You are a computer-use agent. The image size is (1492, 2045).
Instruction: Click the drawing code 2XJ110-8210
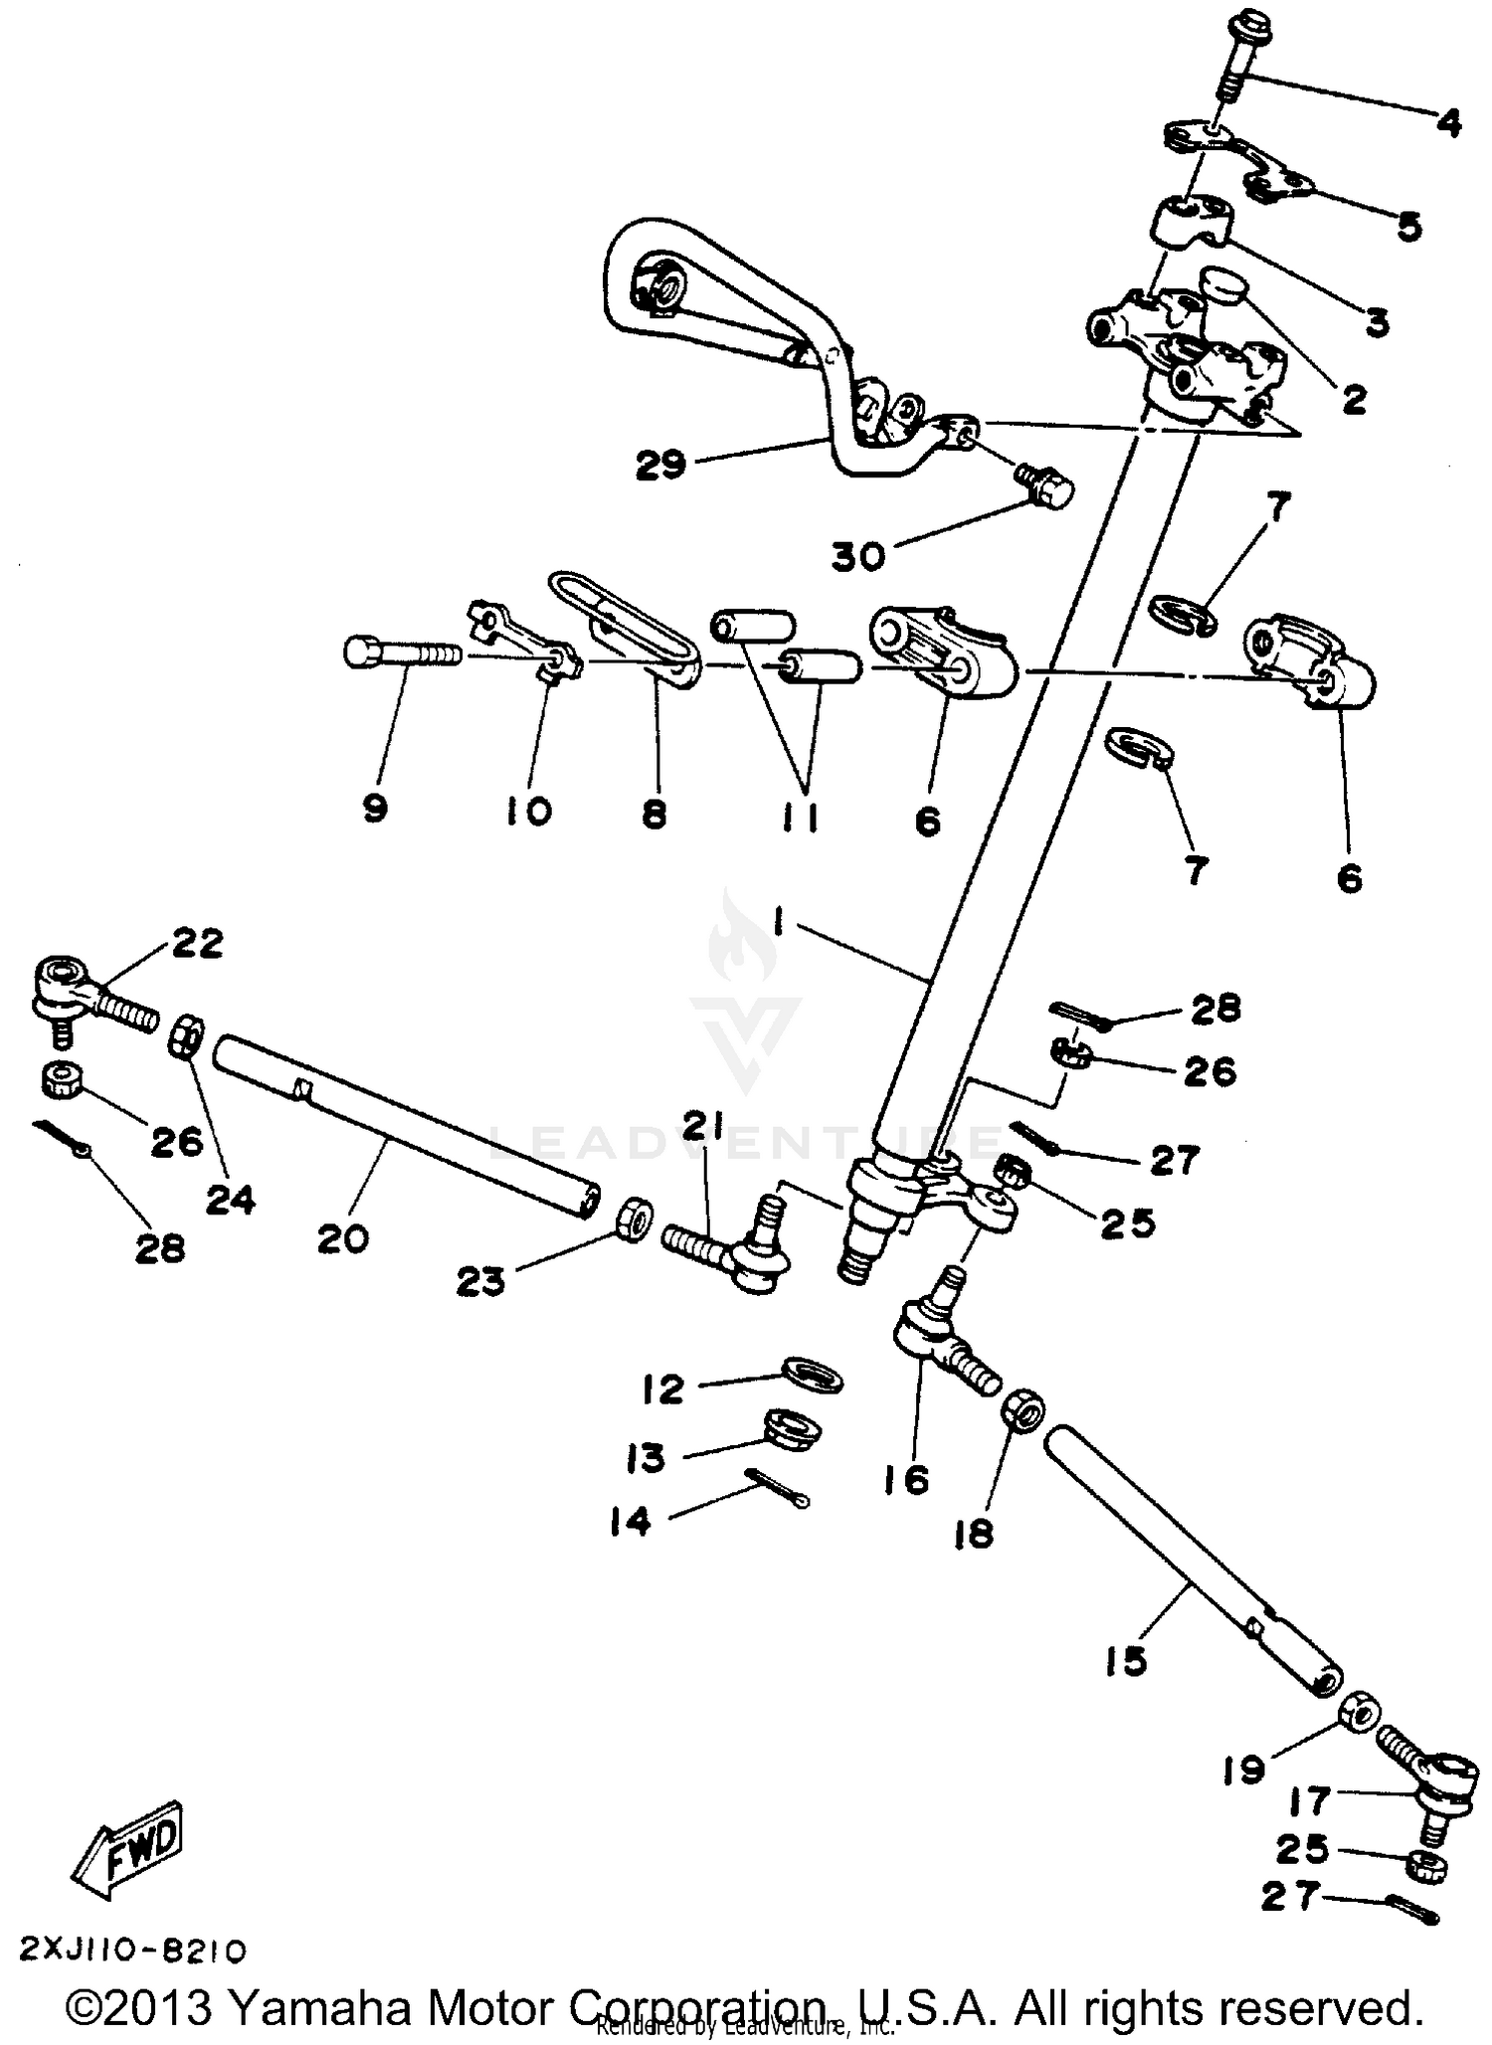tap(132, 1951)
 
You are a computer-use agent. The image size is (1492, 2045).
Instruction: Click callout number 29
tap(661, 465)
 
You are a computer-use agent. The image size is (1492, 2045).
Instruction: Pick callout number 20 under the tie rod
tap(343, 1239)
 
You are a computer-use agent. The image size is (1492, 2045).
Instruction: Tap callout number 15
tap(1126, 1661)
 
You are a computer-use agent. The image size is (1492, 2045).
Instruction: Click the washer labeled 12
tap(813, 1378)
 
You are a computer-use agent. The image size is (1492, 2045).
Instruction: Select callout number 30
tap(858, 557)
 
